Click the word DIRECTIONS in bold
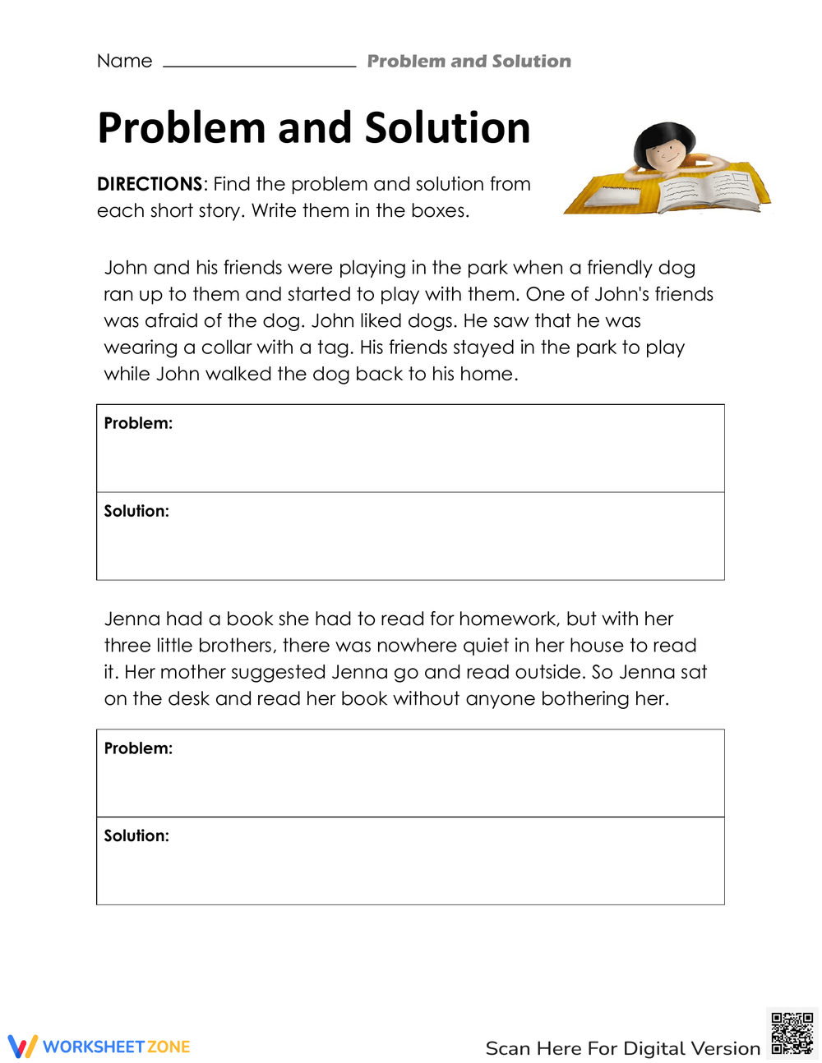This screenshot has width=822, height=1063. pyautogui.click(x=150, y=184)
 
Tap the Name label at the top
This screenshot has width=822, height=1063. pyautogui.click(x=124, y=61)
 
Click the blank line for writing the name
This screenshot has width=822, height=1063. pyautogui.click(x=259, y=64)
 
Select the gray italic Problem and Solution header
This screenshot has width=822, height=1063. pyautogui.click(x=469, y=62)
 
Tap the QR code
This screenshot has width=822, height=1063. pyautogui.click(x=792, y=1033)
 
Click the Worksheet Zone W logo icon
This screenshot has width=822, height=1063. pyautogui.click(x=22, y=1047)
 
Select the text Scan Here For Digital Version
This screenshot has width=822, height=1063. pyautogui.click(x=622, y=1048)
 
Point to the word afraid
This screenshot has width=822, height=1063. pyautogui.click(x=173, y=321)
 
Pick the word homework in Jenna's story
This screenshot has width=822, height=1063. pyautogui.click(x=506, y=619)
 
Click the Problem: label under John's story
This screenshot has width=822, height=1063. pyautogui.click(x=138, y=423)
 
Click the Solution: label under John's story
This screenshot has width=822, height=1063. pyautogui.click(x=136, y=511)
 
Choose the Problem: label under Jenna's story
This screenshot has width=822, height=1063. pyautogui.click(x=138, y=748)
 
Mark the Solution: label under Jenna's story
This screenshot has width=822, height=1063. pyautogui.click(x=136, y=835)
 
